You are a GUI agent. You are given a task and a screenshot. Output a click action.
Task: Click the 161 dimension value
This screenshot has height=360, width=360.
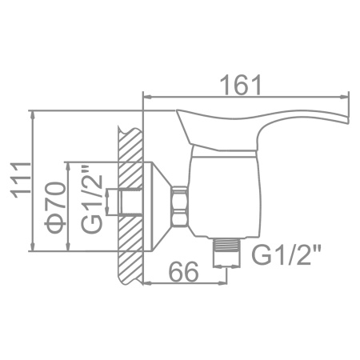242,85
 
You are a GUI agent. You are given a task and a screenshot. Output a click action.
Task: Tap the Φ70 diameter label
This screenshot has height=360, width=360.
55,207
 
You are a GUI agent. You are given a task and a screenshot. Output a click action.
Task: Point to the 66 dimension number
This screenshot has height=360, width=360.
184,271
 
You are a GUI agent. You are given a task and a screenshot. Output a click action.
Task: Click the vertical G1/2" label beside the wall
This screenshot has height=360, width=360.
92,201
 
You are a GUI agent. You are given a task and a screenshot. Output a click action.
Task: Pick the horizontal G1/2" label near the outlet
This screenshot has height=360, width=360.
286,255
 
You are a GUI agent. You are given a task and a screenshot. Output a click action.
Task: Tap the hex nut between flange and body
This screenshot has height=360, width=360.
178,206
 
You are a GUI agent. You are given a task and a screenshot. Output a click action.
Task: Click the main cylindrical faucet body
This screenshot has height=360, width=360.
225,196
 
